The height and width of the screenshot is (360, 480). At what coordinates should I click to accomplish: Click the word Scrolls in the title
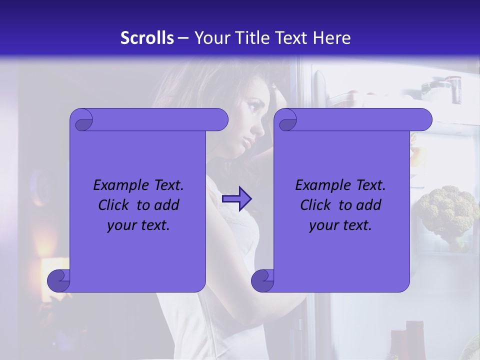(x=147, y=38)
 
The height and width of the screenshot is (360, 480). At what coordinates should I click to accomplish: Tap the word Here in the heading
(x=332, y=38)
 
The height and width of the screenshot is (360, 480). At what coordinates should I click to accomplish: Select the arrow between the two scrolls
(x=237, y=199)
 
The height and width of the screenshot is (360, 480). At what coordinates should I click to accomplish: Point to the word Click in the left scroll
(x=115, y=205)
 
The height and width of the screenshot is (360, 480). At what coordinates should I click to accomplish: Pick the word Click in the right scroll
(x=317, y=205)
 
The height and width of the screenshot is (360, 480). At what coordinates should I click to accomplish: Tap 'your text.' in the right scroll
(x=340, y=225)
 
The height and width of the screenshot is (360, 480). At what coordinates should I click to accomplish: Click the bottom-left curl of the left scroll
(x=59, y=280)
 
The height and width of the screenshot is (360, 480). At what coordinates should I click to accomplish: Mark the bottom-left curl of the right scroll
(x=262, y=280)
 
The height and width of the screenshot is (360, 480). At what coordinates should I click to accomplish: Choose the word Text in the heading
(x=292, y=38)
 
